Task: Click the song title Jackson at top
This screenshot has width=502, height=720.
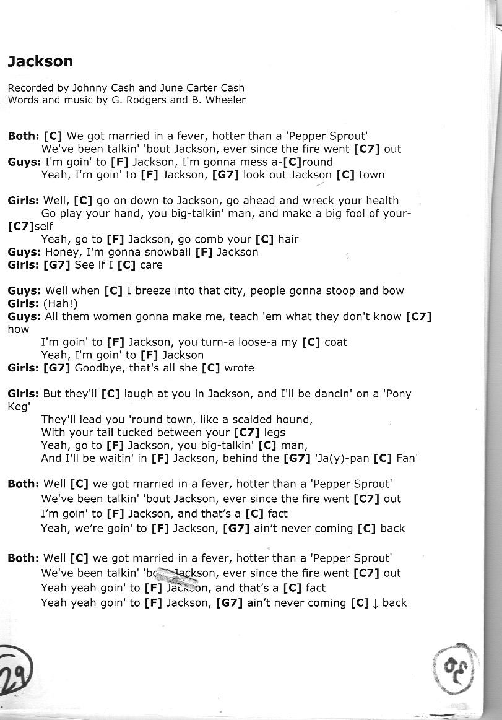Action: [40, 61]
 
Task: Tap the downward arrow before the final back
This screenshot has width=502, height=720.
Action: [375, 603]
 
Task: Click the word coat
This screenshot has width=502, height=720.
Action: [335, 342]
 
